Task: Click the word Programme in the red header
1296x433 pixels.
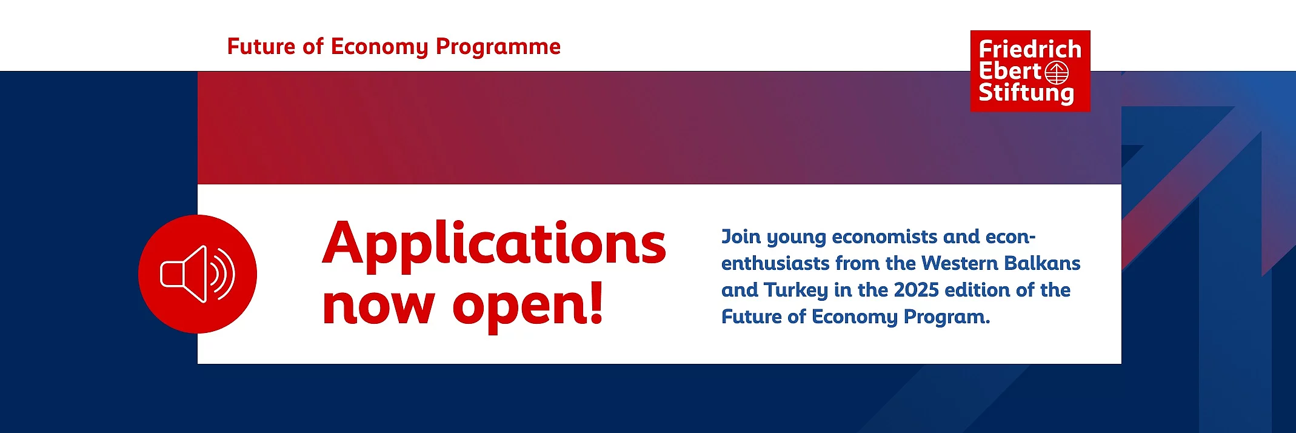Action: coord(498,47)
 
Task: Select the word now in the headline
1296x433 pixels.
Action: coord(379,306)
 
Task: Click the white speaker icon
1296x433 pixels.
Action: coord(198,274)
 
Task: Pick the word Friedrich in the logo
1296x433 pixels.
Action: coord(1030,50)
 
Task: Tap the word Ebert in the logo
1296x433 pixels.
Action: coord(1010,72)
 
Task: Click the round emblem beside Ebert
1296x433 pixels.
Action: coord(1057,73)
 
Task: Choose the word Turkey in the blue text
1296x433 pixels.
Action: coord(795,290)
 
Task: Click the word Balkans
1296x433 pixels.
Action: coord(1042,263)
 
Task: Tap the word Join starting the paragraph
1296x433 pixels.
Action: coord(741,237)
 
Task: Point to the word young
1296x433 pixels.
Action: coord(796,238)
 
